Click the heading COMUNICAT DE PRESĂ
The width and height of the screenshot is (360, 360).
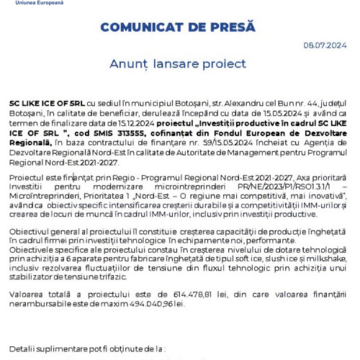[x=179, y=27]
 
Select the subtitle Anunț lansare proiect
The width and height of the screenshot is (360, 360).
[x=179, y=64]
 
